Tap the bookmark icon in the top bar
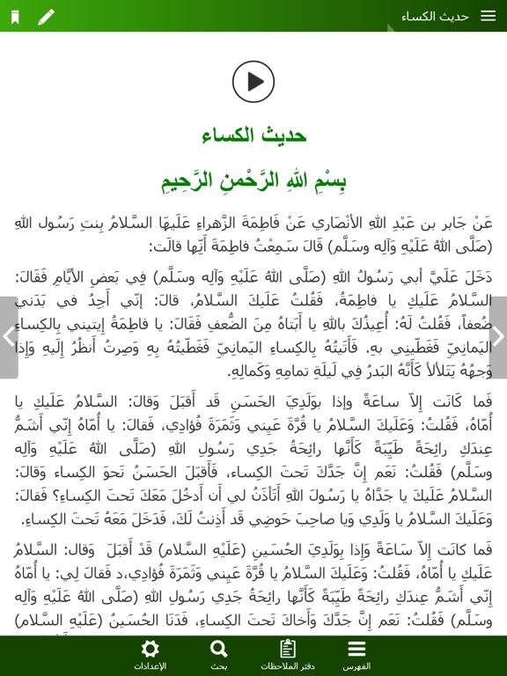pos(15,17)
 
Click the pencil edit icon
pos(46,17)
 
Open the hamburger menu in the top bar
pos(487,17)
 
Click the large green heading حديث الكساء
pos(253,135)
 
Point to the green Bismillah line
pos(253,181)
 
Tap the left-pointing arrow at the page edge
pos(8,336)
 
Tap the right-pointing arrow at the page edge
pos(498,336)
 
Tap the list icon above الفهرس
pos(356,650)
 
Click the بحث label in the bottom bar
pos(219,666)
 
